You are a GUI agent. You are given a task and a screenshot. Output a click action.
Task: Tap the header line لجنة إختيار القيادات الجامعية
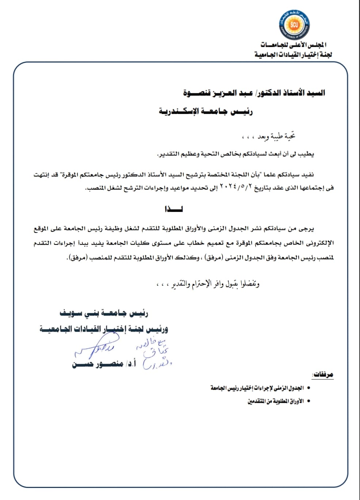point(293,55)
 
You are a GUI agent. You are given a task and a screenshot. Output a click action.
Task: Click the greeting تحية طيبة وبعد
point(276,136)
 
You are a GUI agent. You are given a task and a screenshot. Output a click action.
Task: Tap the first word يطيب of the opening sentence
point(306,154)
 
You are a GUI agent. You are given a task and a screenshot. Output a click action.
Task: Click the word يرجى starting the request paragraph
point(306,229)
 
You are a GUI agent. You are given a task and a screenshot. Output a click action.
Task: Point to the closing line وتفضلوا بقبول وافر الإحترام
point(216,284)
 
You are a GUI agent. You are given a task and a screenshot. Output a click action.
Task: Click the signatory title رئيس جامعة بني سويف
point(104,313)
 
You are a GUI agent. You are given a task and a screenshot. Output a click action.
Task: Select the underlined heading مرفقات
point(323,375)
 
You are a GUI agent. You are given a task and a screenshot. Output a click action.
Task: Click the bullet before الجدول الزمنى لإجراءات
point(309,388)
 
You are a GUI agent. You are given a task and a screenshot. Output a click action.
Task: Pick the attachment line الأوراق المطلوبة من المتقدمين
point(276,401)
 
